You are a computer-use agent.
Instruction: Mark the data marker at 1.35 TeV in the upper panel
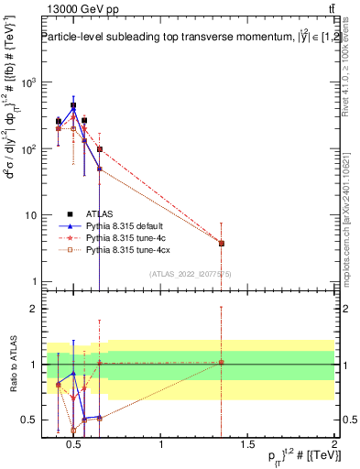tap(221, 243)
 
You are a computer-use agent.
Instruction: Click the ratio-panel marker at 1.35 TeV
tap(221, 363)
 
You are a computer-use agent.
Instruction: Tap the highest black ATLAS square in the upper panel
tap(73, 105)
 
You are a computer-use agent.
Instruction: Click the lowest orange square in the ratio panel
tap(73, 430)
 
